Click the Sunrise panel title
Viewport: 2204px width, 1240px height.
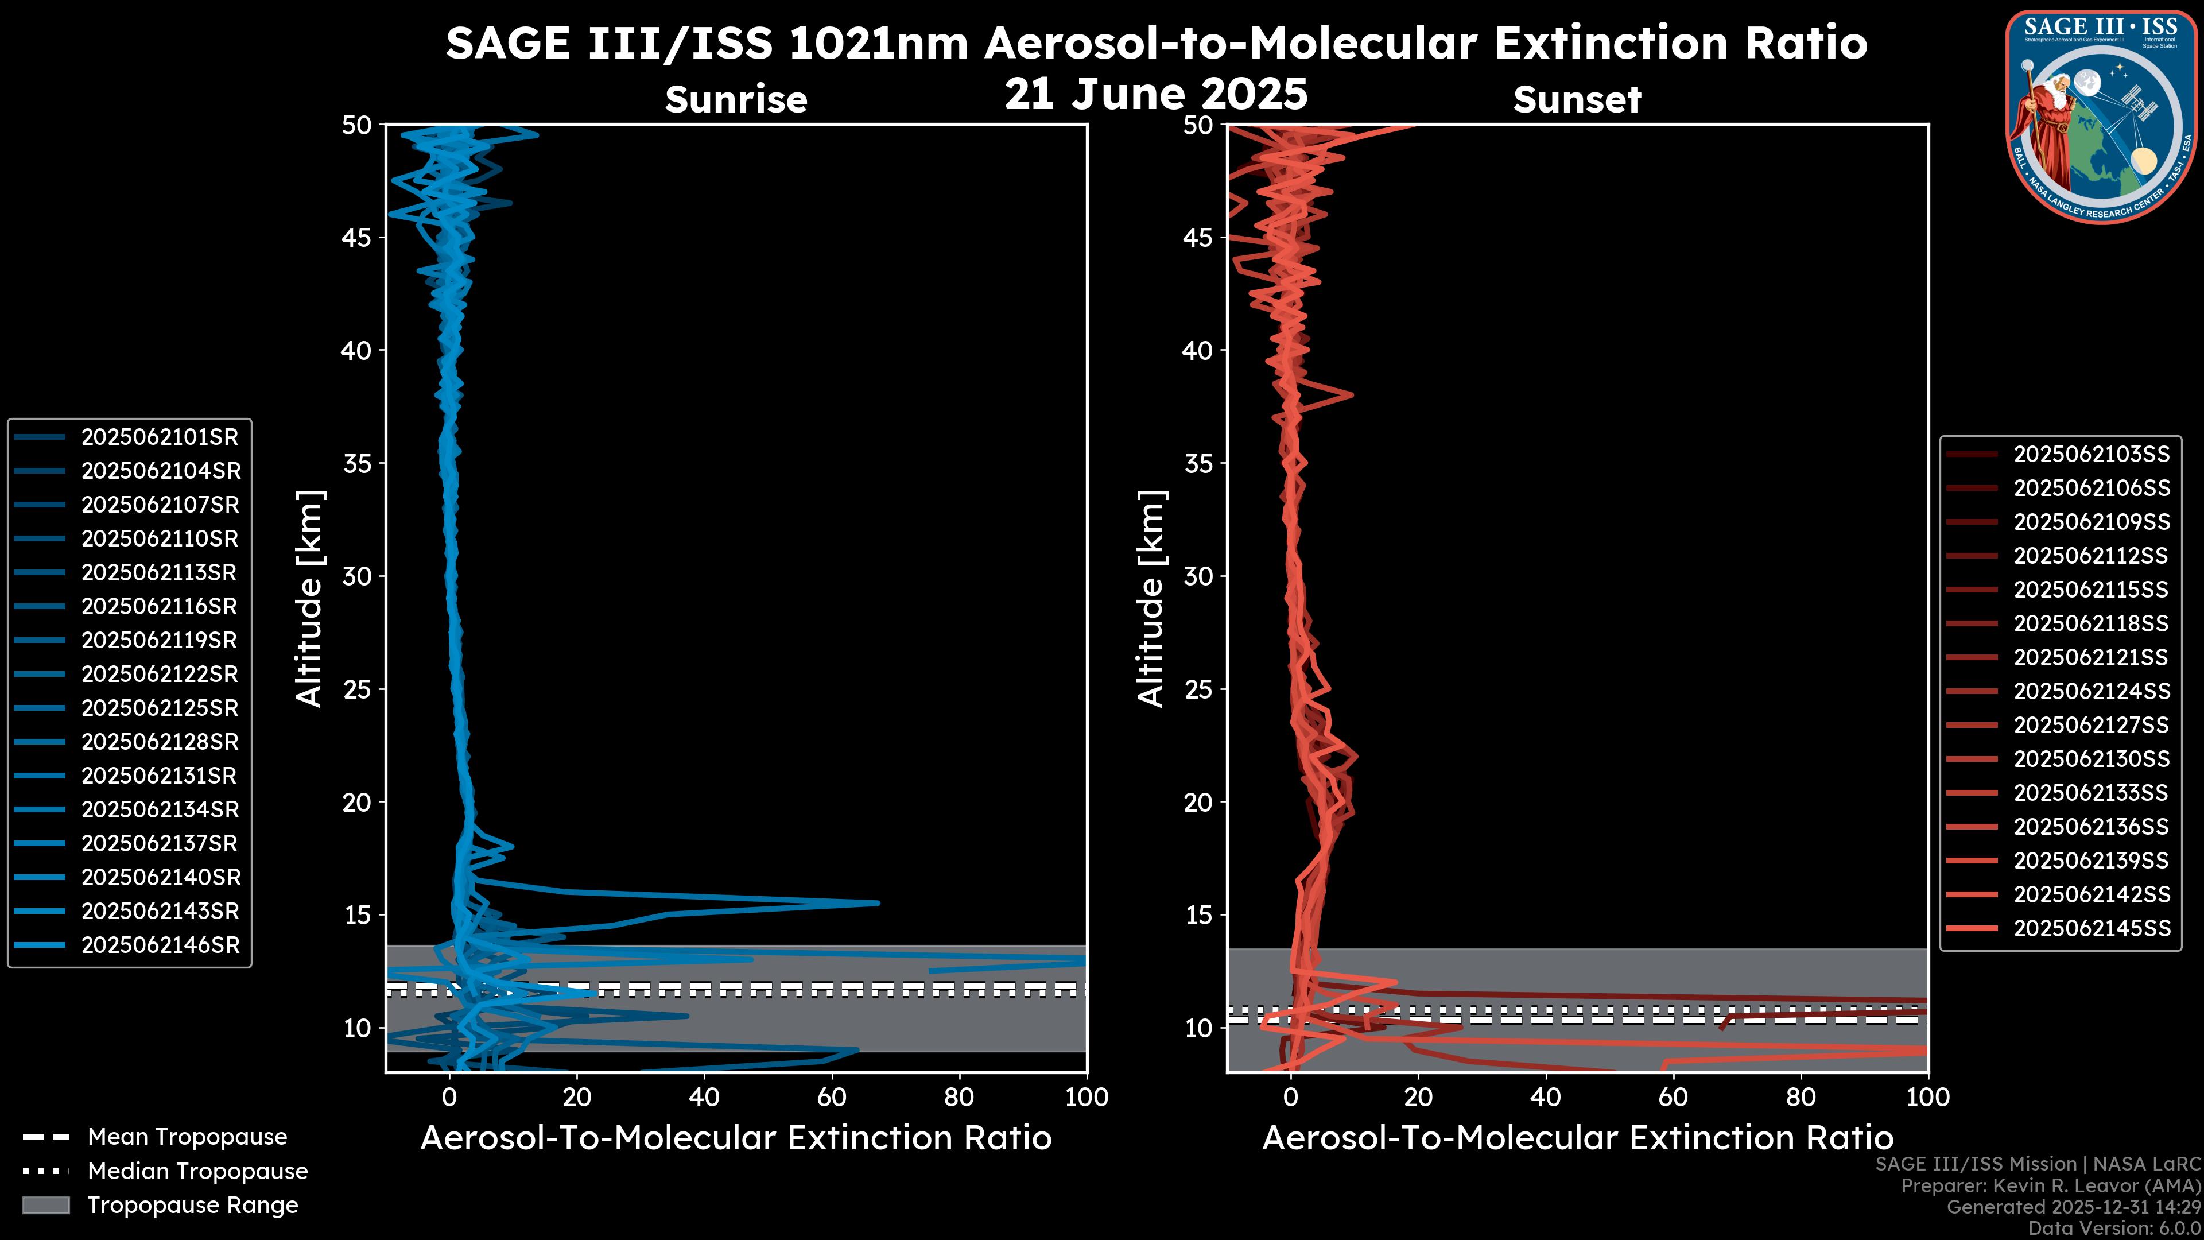pos(736,99)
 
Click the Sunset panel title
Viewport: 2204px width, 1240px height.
pos(1577,99)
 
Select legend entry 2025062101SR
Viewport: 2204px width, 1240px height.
pos(159,437)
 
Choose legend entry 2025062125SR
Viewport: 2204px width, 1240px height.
pos(159,708)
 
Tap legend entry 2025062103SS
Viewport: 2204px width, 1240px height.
pos(2091,455)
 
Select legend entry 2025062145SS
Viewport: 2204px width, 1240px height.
pos(2091,928)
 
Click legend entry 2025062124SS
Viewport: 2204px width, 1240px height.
pos(2091,691)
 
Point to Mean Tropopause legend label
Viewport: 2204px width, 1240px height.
pos(187,1137)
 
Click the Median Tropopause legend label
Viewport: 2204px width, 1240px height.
pos(197,1172)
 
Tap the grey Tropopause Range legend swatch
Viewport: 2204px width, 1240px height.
pos(45,1205)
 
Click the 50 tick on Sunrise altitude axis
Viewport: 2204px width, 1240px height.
pos(357,126)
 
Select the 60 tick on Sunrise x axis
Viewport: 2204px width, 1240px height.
pos(832,1097)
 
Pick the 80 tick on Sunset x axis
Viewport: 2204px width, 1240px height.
pos(1801,1097)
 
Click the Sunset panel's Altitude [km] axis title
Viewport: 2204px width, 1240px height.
pos(1151,599)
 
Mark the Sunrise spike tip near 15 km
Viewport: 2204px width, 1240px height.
pos(877,903)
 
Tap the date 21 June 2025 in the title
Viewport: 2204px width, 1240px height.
pos(1156,94)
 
